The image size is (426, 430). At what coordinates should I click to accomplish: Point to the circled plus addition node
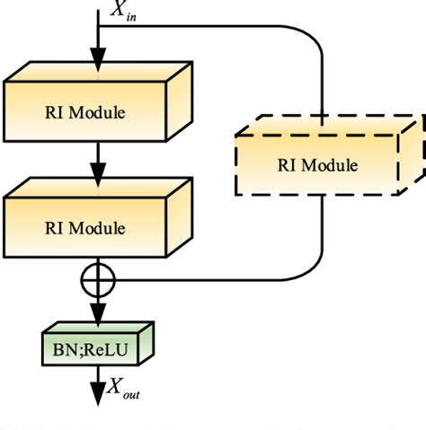96,278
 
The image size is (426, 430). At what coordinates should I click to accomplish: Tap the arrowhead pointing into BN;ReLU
96,315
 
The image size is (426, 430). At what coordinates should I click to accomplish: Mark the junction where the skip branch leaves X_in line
96,26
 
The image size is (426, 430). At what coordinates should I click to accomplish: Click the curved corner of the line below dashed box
311,268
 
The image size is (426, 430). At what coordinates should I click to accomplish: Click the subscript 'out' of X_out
132,393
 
